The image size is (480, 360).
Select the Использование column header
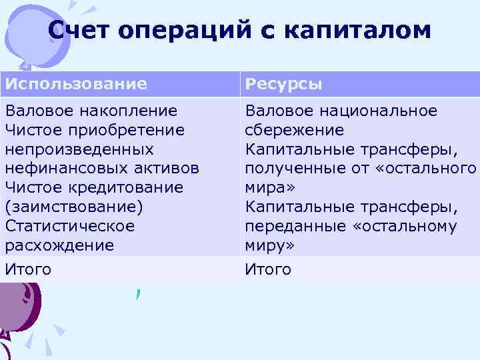tap(76, 84)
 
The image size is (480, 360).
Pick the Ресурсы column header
tap(284, 84)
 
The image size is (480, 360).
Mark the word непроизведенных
tap(79, 149)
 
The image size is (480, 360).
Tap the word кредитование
tap(122, 187)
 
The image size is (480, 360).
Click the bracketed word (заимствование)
tap(74, 207)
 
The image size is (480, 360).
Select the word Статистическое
tap(69, 226)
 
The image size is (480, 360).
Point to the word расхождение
tap(59, 245)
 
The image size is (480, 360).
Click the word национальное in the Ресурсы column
tap(377, 111)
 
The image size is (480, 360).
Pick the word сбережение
tap(295, 130)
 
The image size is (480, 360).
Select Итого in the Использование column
tap(28, 270)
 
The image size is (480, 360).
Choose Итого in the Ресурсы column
tap(268, 270)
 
